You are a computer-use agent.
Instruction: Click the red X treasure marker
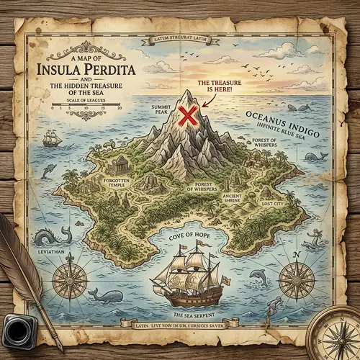point(189,115)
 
